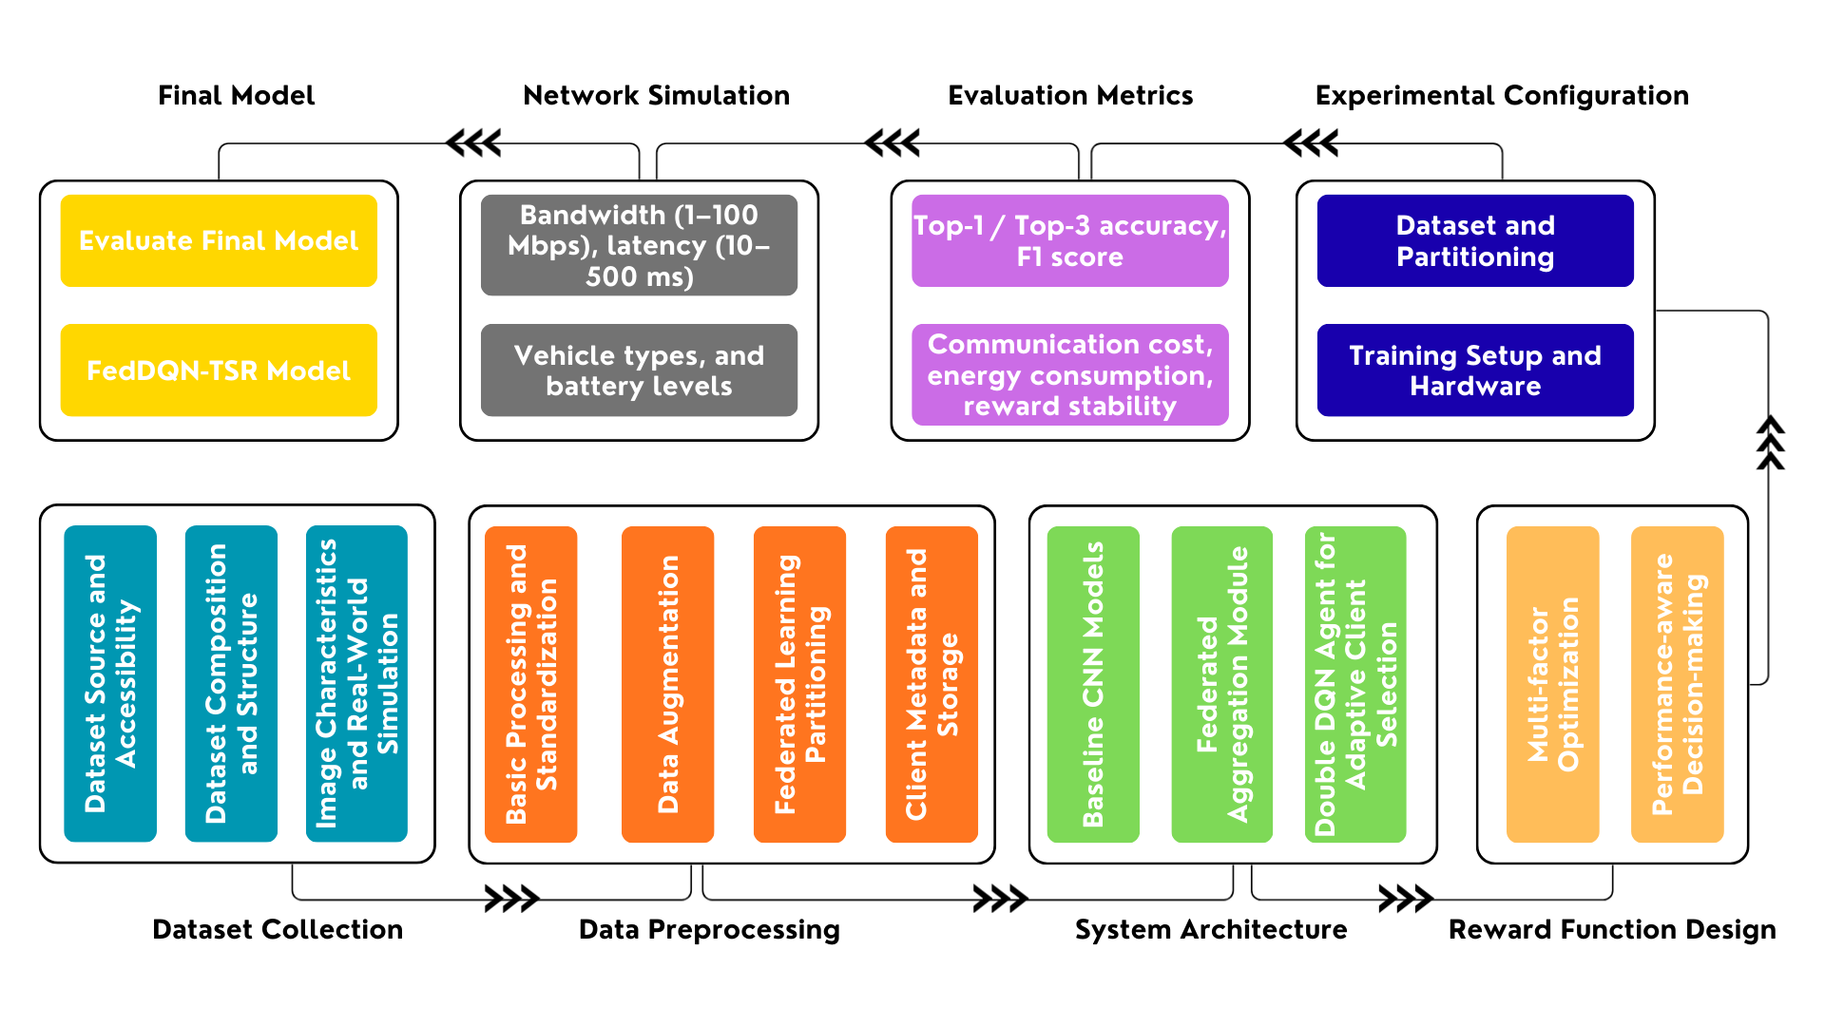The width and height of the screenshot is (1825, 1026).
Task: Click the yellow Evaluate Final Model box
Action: tap(219, 240)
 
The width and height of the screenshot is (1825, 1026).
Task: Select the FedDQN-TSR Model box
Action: tap(219, 370)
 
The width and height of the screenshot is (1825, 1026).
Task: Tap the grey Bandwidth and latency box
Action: tap(639, 245)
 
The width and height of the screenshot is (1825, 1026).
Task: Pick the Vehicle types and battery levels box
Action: tap(639, 370)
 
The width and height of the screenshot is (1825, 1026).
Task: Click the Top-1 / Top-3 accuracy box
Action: tap(1069, 240)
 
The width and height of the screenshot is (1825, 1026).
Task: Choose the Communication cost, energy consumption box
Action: tap(1069, 374)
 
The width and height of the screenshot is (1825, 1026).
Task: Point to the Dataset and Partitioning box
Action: tap(1475, 240)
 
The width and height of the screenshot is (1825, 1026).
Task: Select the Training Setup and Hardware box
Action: tap(1475, 370)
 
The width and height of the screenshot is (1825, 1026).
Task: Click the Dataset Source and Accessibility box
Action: tap(110, 683)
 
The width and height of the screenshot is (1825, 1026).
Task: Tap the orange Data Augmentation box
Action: tap(667, 684)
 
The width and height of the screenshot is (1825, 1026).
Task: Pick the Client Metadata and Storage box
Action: tap(932, 684)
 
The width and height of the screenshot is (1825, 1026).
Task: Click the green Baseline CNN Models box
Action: tap(1093, 684)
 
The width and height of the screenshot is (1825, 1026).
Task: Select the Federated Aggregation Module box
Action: tap(1221, 684)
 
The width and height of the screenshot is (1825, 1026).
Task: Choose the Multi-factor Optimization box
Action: tap(1552, 684)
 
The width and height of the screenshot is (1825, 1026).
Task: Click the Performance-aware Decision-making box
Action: tap(1677, 684)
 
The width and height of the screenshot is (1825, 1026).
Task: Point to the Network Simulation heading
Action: tap(656, 96)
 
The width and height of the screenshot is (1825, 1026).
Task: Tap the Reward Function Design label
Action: tap(1612, 929)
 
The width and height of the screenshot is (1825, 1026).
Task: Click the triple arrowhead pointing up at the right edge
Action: tap(1769, 442)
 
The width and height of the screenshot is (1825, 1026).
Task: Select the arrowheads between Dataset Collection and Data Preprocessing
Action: tap(511, 898)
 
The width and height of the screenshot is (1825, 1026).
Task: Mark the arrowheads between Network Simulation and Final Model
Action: tap(473, 143)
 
